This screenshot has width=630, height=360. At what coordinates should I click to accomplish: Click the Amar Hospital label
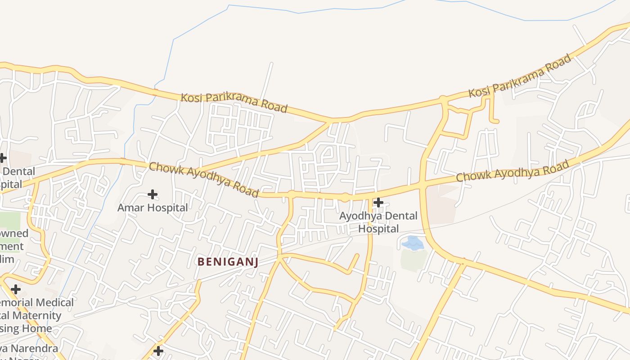153,208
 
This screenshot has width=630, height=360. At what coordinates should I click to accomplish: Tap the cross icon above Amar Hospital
153,194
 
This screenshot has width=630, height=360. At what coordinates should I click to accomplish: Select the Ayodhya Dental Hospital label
378,222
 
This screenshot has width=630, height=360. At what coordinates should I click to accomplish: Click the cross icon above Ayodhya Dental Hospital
378,202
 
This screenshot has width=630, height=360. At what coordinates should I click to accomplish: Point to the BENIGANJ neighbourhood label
228,262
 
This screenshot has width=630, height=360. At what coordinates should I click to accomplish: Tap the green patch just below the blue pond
413,260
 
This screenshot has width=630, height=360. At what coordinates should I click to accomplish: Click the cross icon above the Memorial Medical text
16,289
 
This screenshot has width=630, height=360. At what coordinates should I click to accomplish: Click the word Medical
53,303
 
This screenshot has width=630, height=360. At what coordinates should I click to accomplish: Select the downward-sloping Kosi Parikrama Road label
234,103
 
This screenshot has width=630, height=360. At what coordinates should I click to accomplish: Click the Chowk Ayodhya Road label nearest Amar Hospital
204,180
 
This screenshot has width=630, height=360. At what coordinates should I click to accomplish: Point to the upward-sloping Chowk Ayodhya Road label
513,172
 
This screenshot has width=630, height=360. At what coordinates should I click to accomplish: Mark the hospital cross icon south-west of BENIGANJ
158,351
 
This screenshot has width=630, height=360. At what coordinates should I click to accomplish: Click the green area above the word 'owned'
10,220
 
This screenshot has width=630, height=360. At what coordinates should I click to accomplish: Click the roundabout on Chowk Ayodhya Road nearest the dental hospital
345,197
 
